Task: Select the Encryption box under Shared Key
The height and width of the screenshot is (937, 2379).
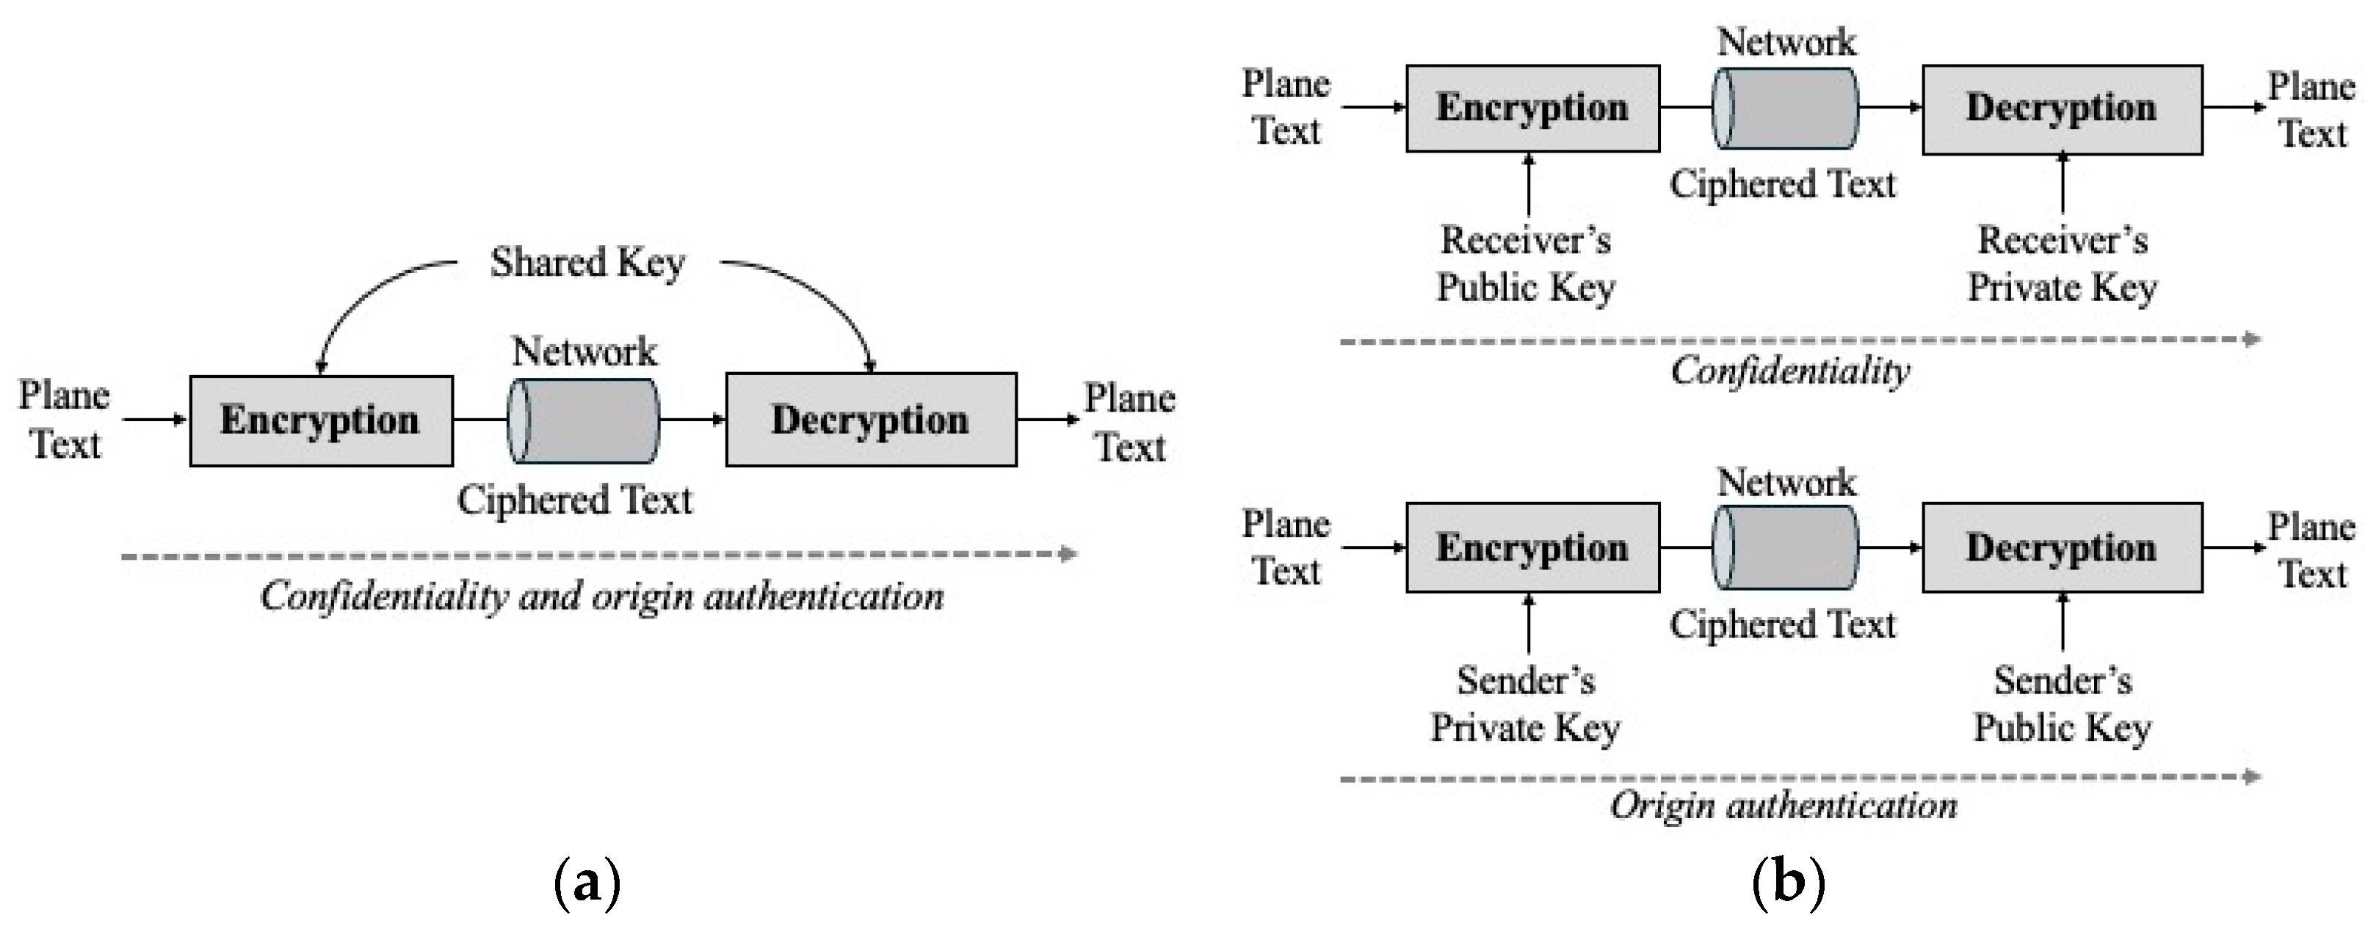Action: pyautogui.click(x=320, y=420)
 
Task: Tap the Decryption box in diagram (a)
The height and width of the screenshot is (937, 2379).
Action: pyautogui.click(x=870, y=420)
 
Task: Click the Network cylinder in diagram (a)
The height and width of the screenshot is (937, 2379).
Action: pyautogui.click(x=584, y=420)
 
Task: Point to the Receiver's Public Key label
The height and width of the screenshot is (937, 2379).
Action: pyautogui.click(x=1526, y=264)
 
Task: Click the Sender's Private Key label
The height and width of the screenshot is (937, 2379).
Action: pyautogui.click(x=1526, y=704)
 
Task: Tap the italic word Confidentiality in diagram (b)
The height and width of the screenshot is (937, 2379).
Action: pyautogui.click(x=1790, y=372)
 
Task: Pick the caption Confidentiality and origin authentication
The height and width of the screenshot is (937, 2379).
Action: pyautogui.click(x=602, y=597)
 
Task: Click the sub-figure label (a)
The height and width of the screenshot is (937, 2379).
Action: pyautogui.click(x=587, y=883)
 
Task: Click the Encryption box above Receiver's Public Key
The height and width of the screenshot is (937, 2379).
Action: pyautogui.click(x=1532, y=108)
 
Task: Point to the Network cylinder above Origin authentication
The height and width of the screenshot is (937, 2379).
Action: pyautogui.click(x=1784, y=547)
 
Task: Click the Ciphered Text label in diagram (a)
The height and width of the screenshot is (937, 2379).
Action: pyautogui.click(x=574, y=500)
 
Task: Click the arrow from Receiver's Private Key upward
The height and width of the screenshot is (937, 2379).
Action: pyautogui.click(x=2063, y=185)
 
